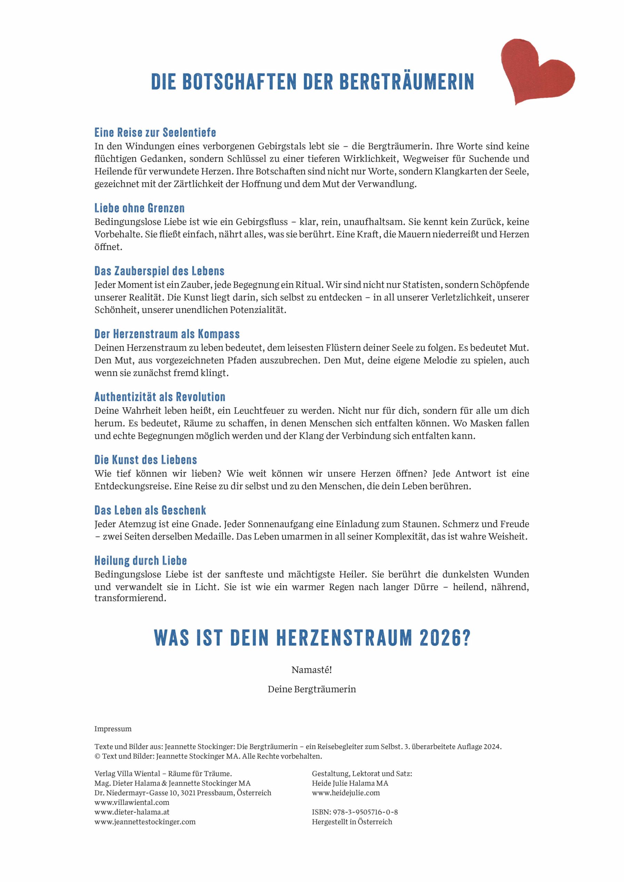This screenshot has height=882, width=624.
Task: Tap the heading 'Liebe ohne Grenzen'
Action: point(139,208)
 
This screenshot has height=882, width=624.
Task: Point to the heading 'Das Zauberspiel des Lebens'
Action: point(159,271)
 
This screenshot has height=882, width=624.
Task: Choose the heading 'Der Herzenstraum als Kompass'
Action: point(167,334)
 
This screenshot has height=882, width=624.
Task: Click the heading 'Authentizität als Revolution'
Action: point(160,397)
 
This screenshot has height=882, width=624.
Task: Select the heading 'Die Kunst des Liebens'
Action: point(145,460)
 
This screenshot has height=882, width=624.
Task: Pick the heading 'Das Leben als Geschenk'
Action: point(150,510)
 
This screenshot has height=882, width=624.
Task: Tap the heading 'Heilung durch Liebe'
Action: point(140,561)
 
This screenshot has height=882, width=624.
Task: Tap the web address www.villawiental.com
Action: point(131,802)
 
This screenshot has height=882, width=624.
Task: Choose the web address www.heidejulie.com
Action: point(346,792)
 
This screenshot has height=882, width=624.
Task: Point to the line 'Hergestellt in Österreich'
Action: point(352,822)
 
